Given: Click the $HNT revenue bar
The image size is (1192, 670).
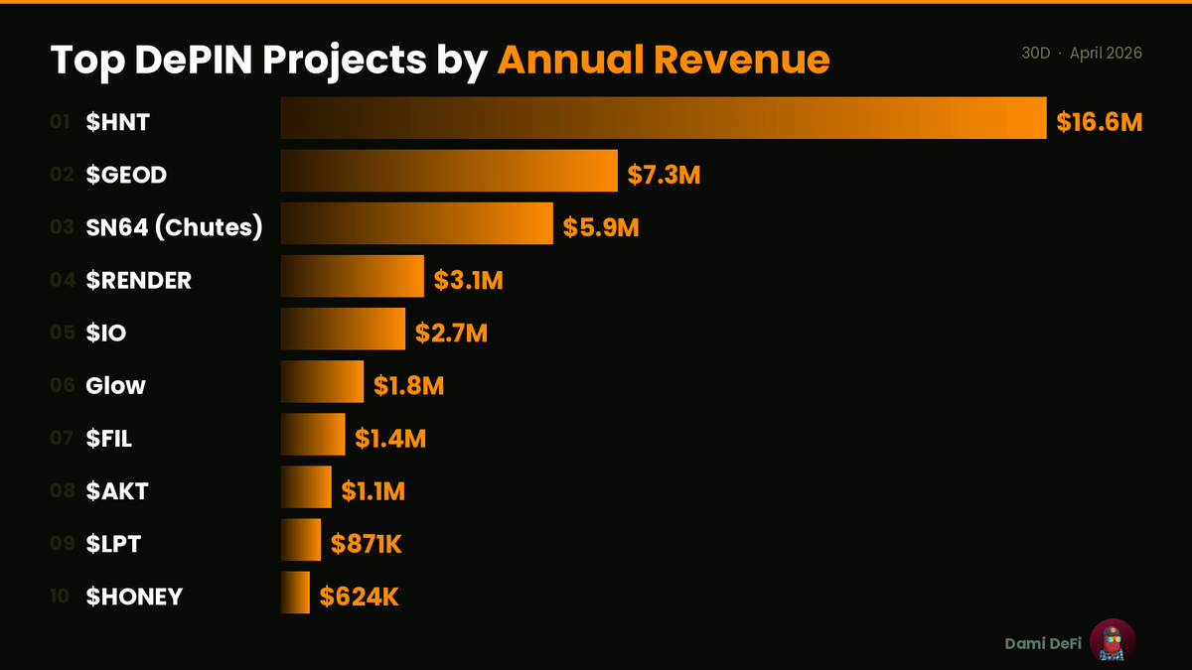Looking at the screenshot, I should point(664,118).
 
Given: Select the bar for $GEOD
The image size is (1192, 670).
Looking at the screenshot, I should point(449,171).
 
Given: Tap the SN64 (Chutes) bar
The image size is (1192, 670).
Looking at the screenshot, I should point(416,223).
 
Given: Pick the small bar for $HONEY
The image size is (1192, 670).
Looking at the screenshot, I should point(296,593).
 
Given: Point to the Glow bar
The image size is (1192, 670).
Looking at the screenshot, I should point(322,381).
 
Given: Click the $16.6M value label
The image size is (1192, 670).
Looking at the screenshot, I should point(1099,123).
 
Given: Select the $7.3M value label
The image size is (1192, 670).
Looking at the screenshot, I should point(665,176).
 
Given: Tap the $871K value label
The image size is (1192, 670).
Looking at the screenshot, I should point(367,544).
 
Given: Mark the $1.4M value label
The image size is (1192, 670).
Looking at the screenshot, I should point(390,438).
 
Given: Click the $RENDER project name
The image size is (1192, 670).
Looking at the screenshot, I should point(138,281).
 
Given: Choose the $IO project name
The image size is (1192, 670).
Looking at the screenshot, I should point(106,334).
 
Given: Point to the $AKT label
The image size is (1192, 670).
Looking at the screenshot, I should point(117,491).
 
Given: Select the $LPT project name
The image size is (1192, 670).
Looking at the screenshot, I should point(114,544).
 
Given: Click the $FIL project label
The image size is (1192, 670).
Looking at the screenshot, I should point(108,439).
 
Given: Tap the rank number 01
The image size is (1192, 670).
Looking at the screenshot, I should point(60,122).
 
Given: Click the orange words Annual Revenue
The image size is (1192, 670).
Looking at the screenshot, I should point(663,61).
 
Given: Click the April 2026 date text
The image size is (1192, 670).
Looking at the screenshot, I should point(1106,53).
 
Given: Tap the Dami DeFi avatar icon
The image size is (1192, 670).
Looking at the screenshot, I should point(1113,641).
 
